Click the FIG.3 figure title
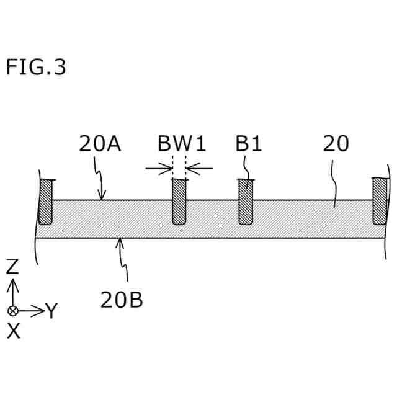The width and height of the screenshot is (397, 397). tap(35, 66)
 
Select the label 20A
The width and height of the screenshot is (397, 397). tap(100, 144)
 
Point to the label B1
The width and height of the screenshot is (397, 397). tap(248, 144)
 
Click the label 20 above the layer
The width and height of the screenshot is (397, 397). tap(336, 144)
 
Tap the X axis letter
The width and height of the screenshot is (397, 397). tap(13, 331)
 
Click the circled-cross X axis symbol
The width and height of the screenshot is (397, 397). tap(12, 310)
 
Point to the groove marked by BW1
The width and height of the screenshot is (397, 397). tap(179, 202)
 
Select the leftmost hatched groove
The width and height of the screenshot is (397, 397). tap(46, 202)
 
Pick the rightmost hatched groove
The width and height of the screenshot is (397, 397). tap(380, 202)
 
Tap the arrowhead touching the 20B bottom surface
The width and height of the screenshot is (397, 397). tap(119, 243)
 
